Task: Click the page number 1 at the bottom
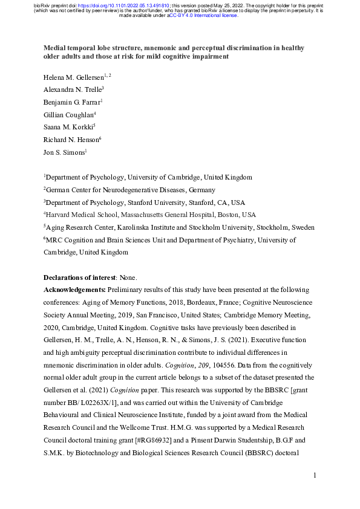pyautogui.click(x=315, y=476)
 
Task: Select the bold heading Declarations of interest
pyautogui.click(x=81, y=278)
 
